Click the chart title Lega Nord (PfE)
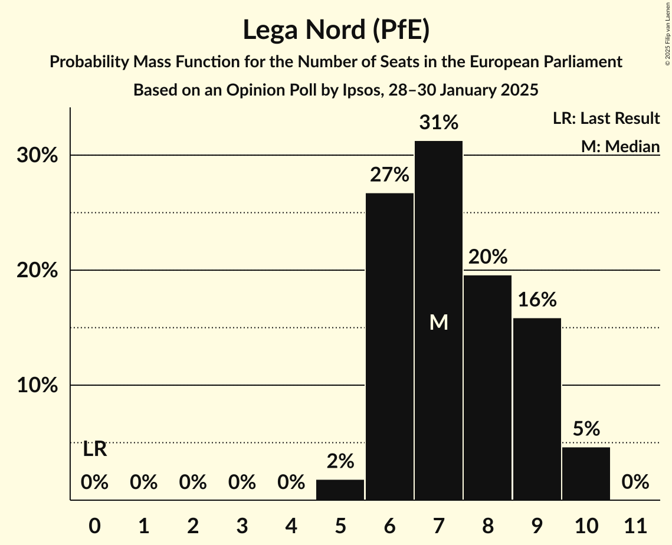[336, 30]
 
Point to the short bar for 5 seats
[340, 490]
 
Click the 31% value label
[438, 123]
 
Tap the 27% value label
[389, 175]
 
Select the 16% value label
[537, 300]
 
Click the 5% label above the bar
[586, 429]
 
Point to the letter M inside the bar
[438, 322]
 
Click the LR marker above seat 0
[94, 449]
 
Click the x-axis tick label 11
[635, 525]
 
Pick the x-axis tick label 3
[242, 525]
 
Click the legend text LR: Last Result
[606, 119]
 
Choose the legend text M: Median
[619, 146]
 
